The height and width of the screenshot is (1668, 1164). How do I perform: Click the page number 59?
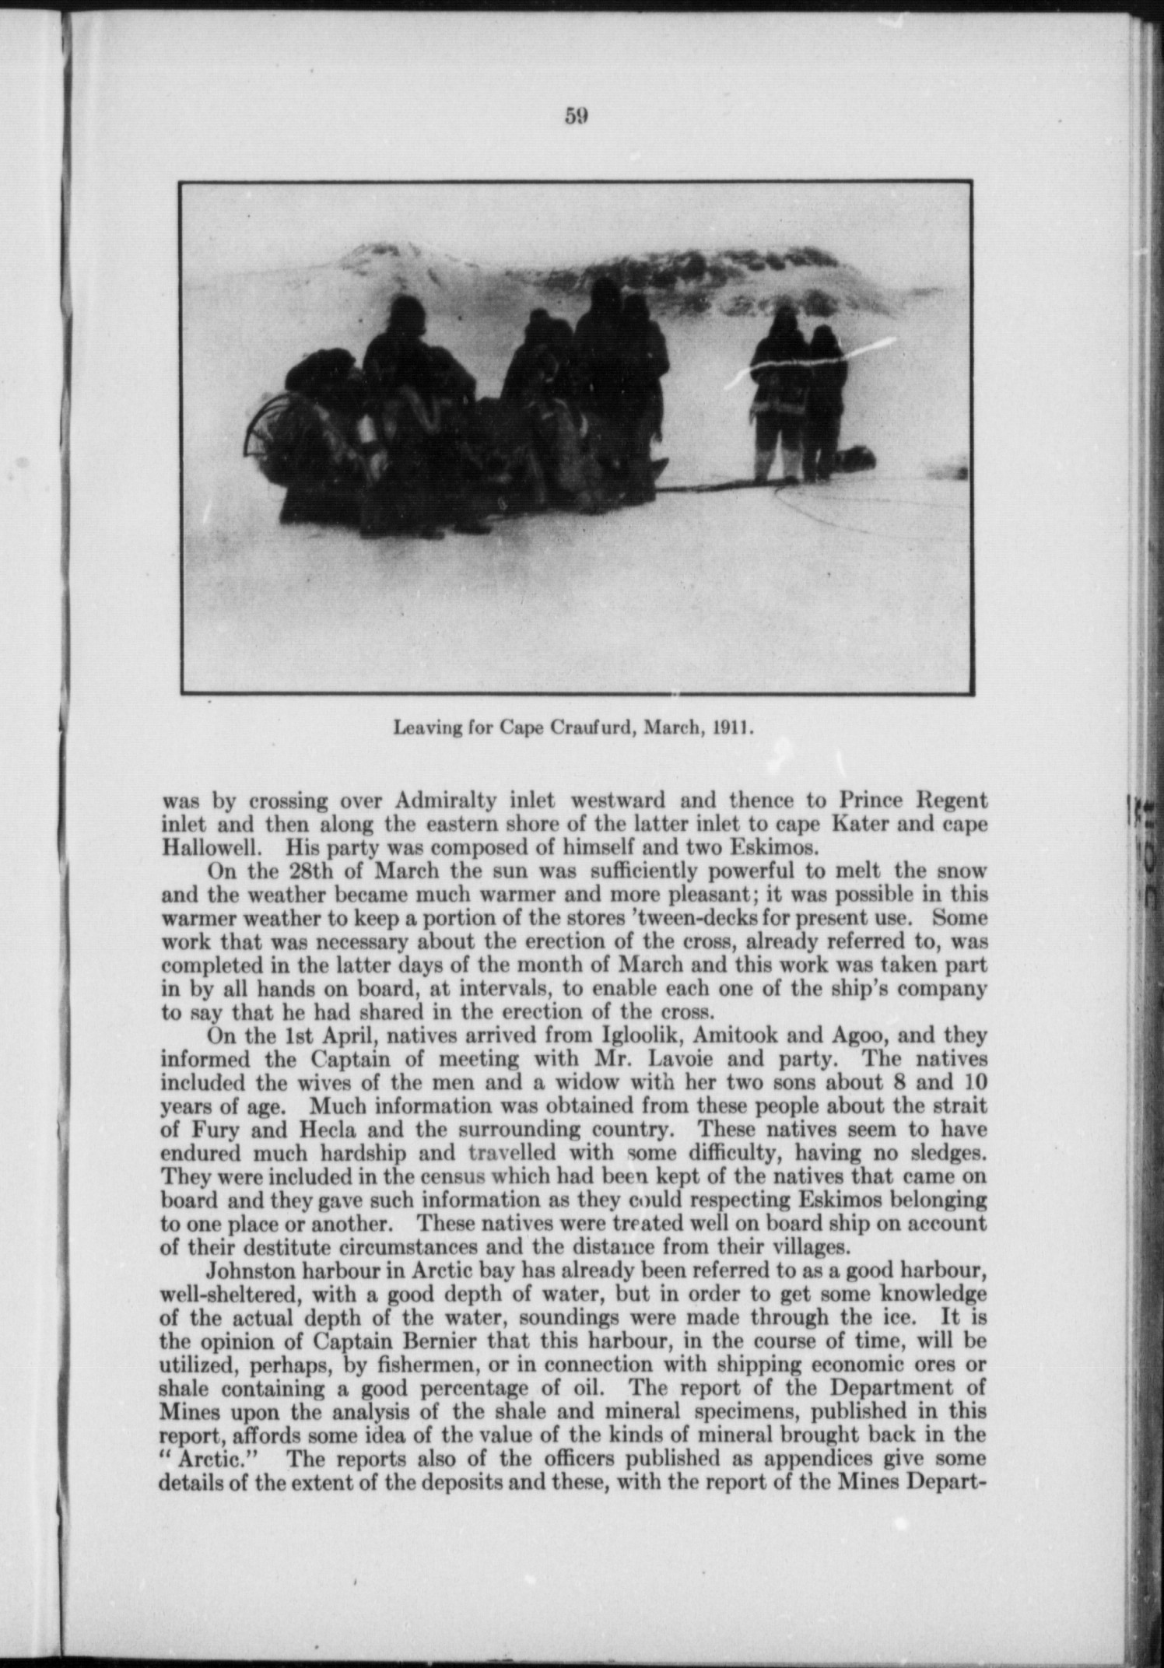(x=576, y=116)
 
